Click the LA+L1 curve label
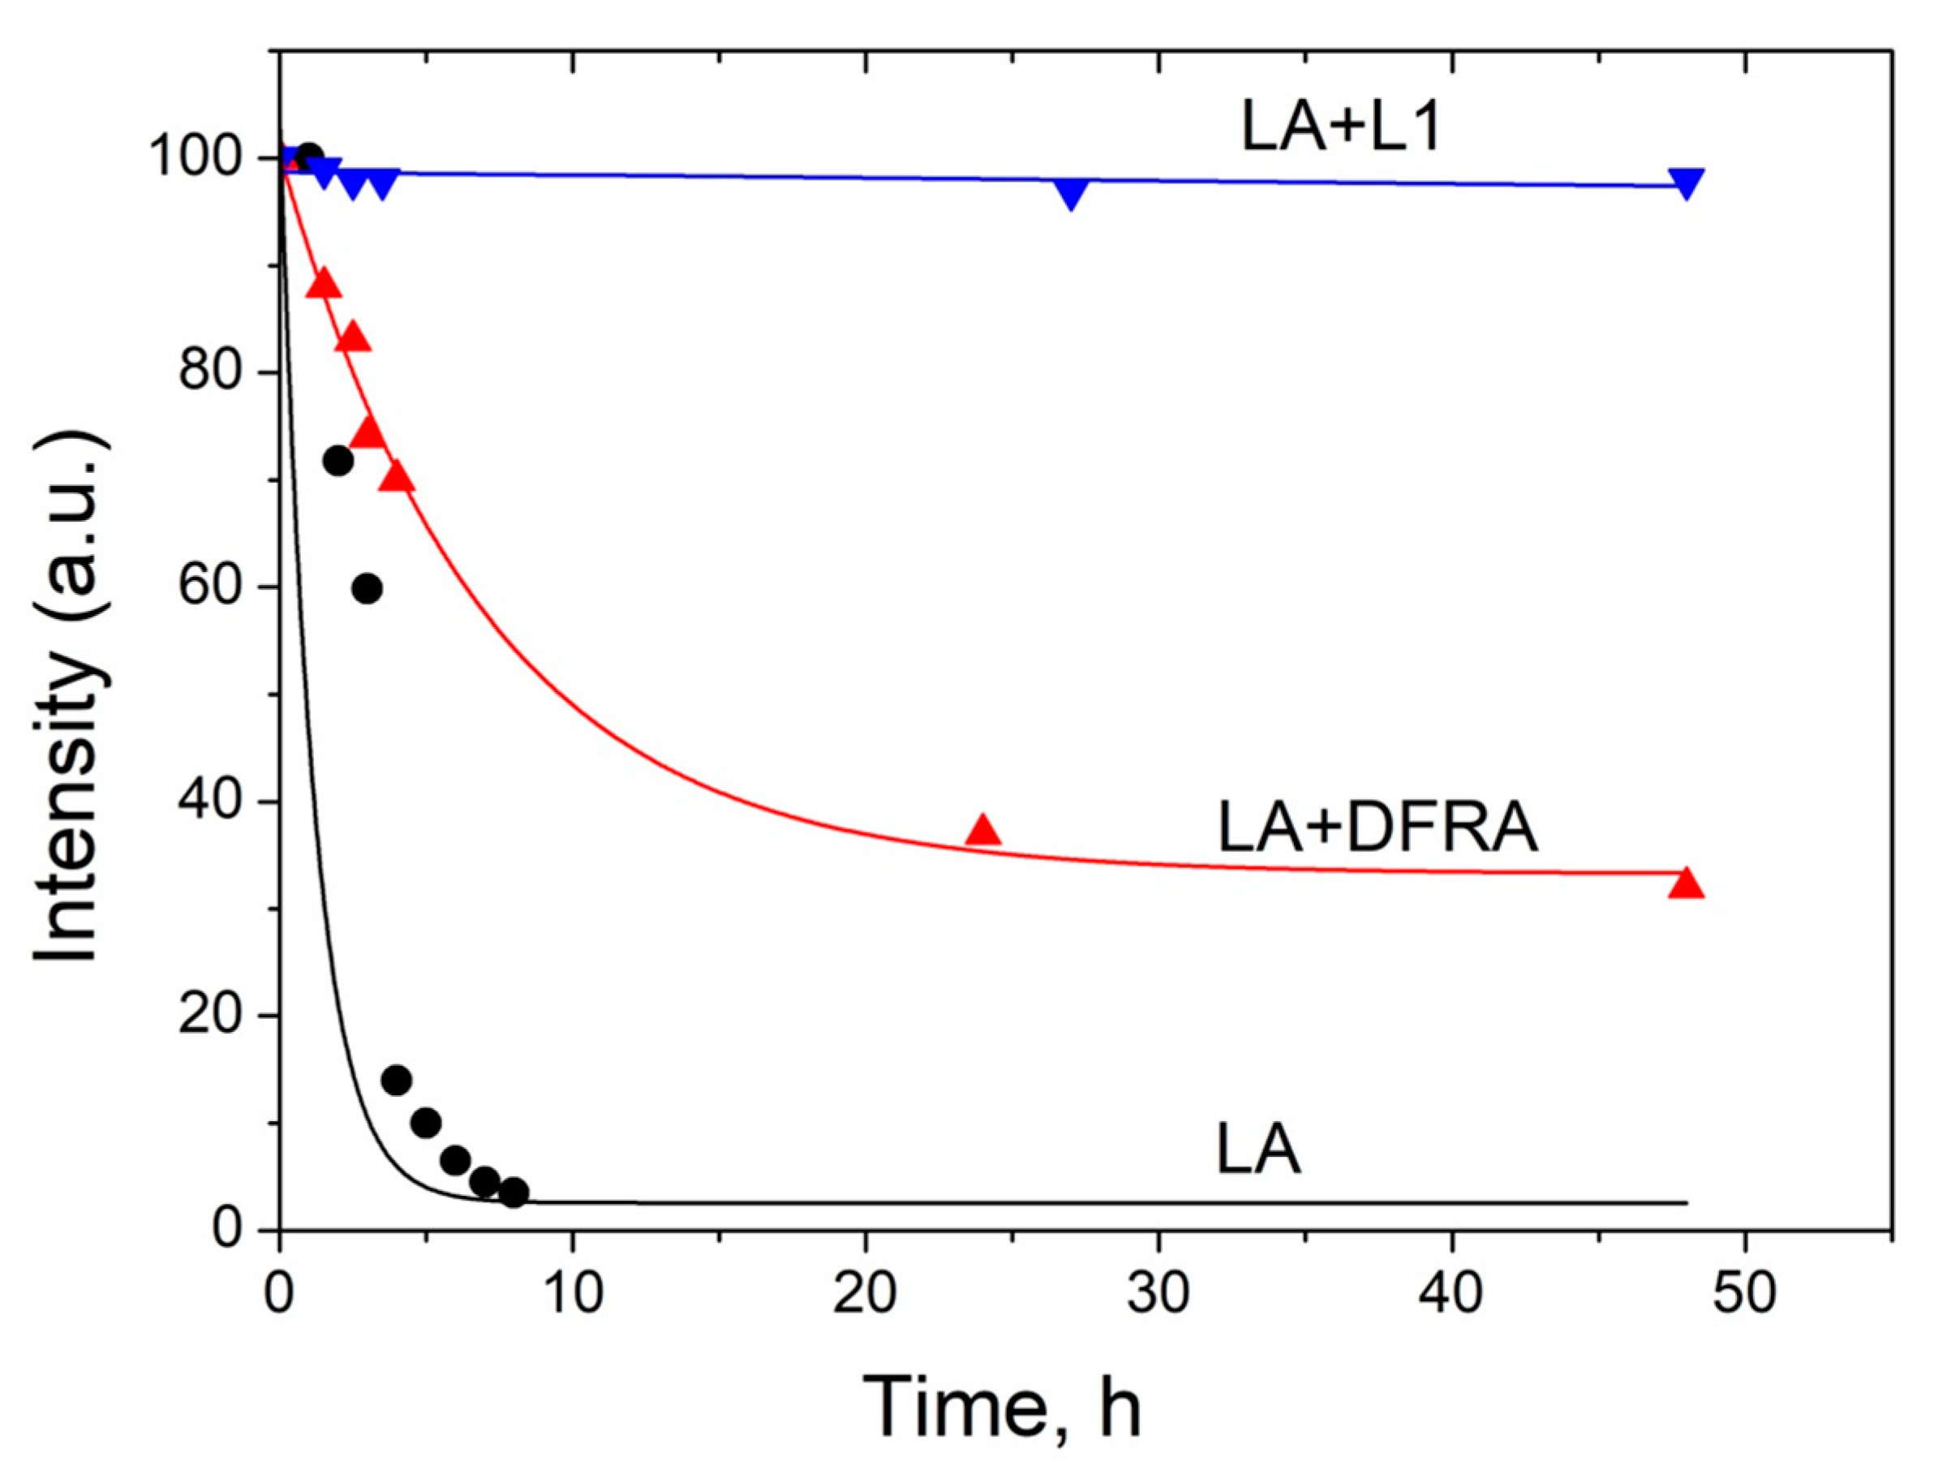(1340, 127)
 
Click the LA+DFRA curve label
(1377, 828)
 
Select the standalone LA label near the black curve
(1258, 1150)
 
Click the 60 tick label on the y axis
(210, 587)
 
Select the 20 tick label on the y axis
(210, 1016)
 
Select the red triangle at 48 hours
(1686, 883)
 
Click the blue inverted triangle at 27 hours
(1071, 191)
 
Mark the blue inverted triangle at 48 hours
(1686, 182)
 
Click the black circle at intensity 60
(367, 588)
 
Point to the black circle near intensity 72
(338, 460)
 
